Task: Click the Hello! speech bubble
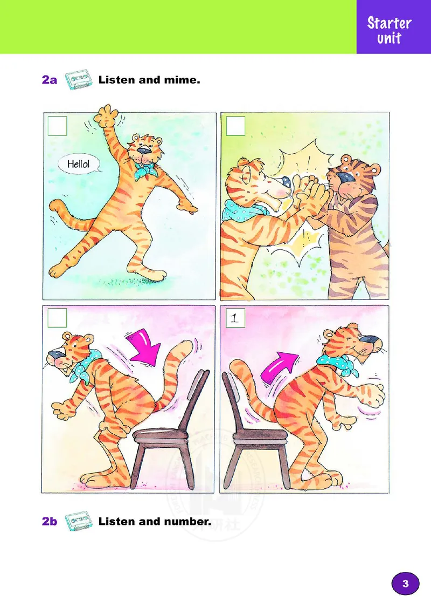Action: [79, 165]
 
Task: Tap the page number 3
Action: [405, 583]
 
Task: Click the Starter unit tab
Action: [390, 30]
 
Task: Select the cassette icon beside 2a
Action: [79, 80]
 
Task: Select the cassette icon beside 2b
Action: [79, 521]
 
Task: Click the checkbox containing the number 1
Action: [235, 318]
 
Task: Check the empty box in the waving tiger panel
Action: [57, 126]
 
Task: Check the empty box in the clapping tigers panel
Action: [235, 126]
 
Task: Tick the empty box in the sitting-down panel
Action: [57, 318]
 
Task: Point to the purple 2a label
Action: [50, 80]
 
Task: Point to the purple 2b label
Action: [50, 521]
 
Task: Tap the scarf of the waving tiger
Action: [144, 170]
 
